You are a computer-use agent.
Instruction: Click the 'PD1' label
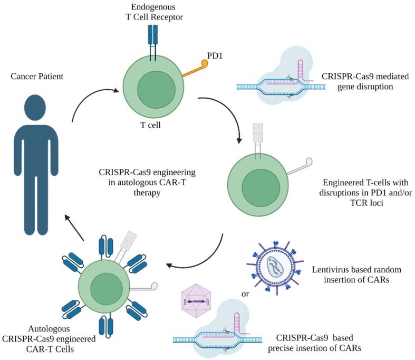[x=215, y=53]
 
